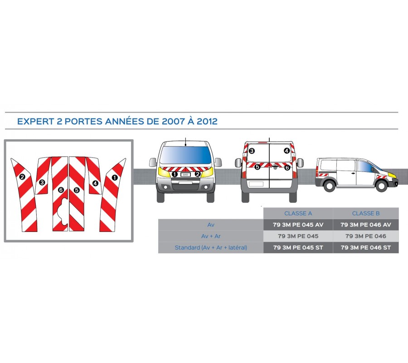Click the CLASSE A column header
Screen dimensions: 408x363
pyautogui.click(x=298, y=214)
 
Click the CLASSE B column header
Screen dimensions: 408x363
pyautogui.click(x=365, y=214)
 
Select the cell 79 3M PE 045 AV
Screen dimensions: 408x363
pyautogui.click(x=298, y=225)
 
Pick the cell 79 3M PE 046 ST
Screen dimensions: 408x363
pyautogui.click(x=365, y=248)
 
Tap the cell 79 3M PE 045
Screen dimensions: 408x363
pyautogui.click(x=298, y=236)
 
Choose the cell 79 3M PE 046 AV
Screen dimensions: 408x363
pyautogui.click(x=365, y=225)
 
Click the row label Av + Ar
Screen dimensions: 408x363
pyautogui.click(x=211, y=236)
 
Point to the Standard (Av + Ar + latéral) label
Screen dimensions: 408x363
pyautogui.click(x=211, y=248)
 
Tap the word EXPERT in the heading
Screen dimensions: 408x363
pyautogui.click(x=36, y=121)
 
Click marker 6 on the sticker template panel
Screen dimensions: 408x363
pyautogui.click(x=61, y=190)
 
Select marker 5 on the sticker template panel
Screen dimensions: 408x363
pyautogui.click(x=77, y=190)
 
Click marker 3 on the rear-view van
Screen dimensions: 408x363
pyautogui.click(x=252, y=151)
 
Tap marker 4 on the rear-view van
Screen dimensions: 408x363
pyautogui.click(x=287, y=151)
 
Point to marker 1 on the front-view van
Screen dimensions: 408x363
pyautogui.click(x=175, y=174)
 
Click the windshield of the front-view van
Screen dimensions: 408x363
pyautogui.click(x=185, y=155)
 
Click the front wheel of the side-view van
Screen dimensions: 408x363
pyautogui.click(x=381, y=186)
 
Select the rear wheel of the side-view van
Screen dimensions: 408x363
pyautogui.click(x=329, y=186)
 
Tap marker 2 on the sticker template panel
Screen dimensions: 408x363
pyautogui.click(x=22, y=177)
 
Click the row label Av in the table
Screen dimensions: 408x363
pyautogui.click(x=211, y=225)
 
